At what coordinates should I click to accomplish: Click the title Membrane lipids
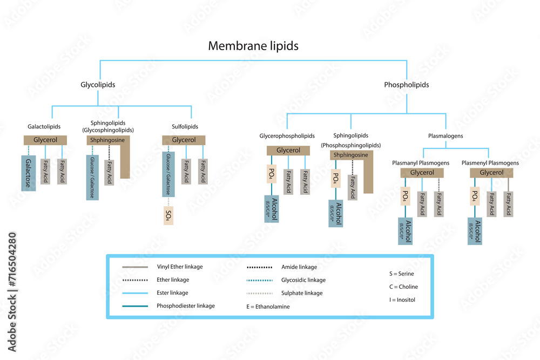coord(253,46)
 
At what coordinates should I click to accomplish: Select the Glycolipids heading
coord(98,85)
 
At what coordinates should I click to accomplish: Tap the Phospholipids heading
coord(406,85)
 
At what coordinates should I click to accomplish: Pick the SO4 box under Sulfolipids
coord(168,215)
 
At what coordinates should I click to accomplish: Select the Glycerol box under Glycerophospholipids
coord(288,151)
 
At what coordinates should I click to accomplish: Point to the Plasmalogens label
coord(445,136)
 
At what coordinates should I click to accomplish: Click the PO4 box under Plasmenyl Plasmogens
coord(475,196)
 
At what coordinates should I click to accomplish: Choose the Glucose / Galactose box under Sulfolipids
coord(168,174)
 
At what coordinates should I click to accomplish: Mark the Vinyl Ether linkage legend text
coord(180,267)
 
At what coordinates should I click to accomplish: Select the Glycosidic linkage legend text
coord(303,280)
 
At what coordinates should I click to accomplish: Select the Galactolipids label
coord(44,127)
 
